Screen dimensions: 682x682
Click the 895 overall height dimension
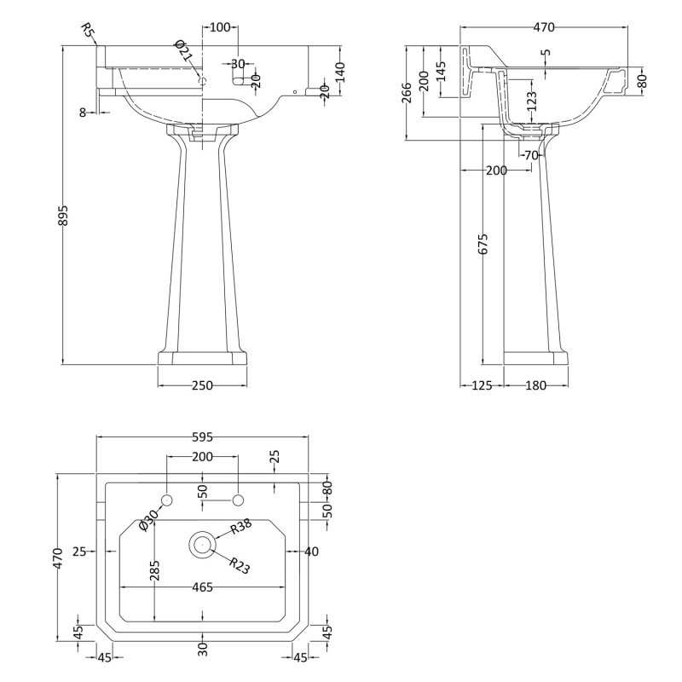pyautogui.click(x=63, y=216)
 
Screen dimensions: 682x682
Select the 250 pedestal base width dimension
pyautogui.click(x=202, y=385)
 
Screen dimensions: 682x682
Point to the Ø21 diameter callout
pyautogui.click(x=183, y=51)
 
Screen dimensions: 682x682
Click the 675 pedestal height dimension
pyautogui.click(x=483, y=244)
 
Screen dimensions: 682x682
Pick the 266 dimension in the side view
pyautogui.click(x=407, y=93)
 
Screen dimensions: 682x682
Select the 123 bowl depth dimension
pyautogui.click(x=531, y=101)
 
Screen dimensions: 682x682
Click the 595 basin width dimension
pyautogui.click(x=202, y=436)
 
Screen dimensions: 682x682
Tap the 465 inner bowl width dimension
pyautogui.click(x=202, y=587)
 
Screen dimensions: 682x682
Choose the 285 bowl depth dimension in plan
pyautogui.click(x=154, y=570)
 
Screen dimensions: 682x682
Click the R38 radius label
pyautogui.click(x=241, y=526)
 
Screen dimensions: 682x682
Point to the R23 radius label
pyautogui.click(x=240, y=566)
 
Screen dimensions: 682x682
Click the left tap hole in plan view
pyautogui.click(x=167, y=500)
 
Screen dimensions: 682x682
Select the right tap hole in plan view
pyautogui.click(x=238, y=500)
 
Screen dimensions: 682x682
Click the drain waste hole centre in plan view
pyautogui.click(x=202, y=545)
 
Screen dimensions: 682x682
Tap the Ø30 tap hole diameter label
pyautogui.click(x=148, y=519)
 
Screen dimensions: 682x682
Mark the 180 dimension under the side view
pyautogui.click(x=535, y=385)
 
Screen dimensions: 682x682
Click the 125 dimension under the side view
pyautogui.click(x=482, y=385)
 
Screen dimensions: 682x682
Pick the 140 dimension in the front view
pyautogui.click(x=339, y=72)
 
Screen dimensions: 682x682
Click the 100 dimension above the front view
pyautogui.click(x=220, y=27)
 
